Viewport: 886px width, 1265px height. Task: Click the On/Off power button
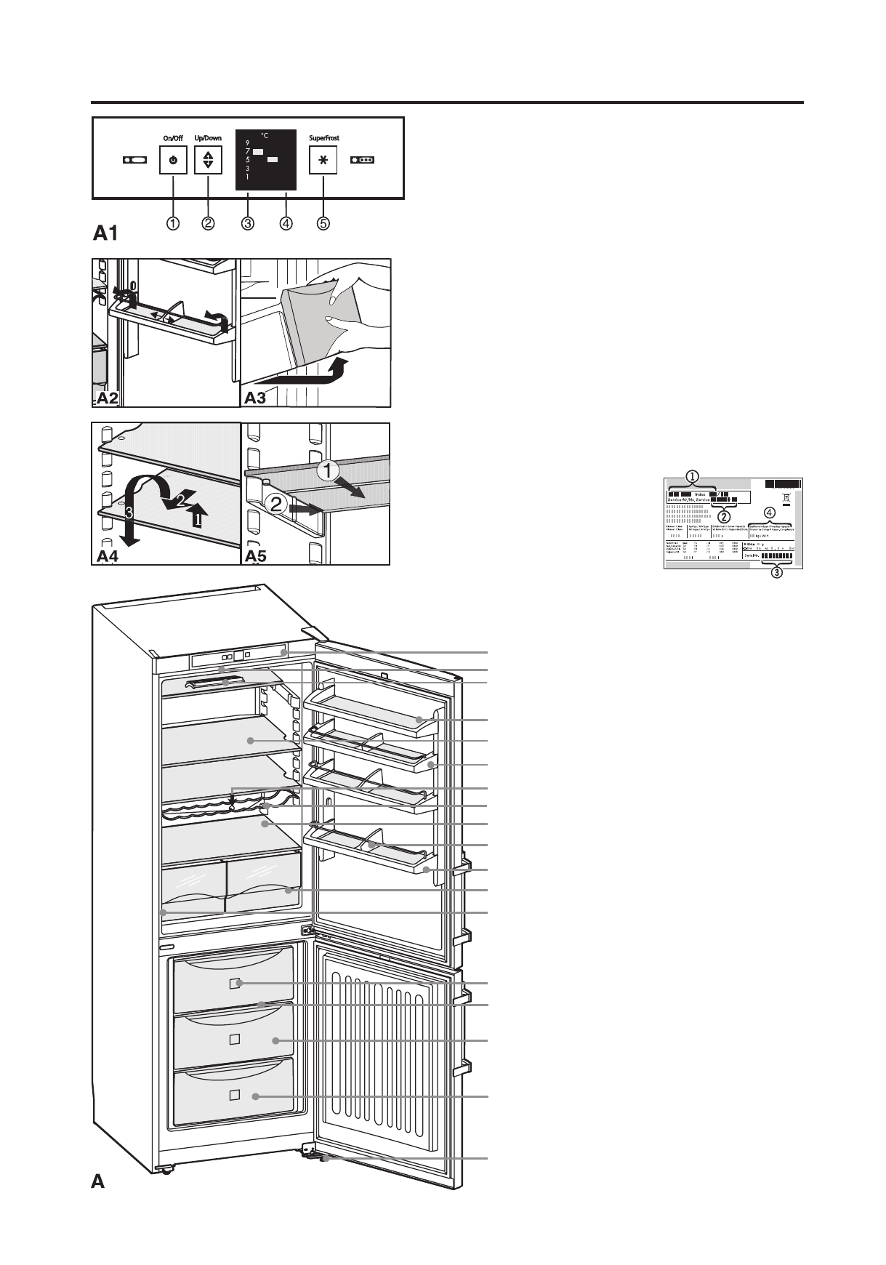(173, 160)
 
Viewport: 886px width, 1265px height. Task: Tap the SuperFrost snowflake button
(323, 160)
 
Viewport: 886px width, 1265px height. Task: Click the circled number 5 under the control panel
(323, 224)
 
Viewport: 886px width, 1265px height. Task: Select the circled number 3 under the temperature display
(248, 224)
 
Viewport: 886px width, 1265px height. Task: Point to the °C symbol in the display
(265, 136)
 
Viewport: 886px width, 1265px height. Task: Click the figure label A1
(105, 233)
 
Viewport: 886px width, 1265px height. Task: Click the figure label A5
(256, 557)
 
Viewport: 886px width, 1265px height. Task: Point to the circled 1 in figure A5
(329, 470)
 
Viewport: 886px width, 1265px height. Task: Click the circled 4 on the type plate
(770, 513)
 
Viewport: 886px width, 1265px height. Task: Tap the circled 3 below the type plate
(776, 572)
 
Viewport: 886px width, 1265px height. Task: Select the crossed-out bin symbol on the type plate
(786, 499)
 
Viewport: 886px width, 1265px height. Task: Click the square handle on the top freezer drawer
(234, 984)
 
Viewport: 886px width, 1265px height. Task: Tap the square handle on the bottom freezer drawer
(234, 1095)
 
